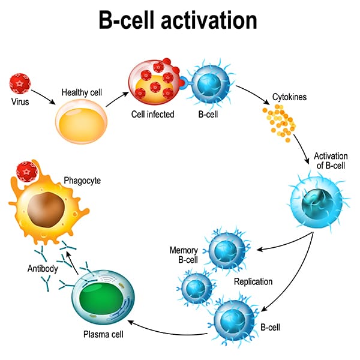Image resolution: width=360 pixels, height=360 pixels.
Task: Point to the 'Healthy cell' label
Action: (80, 92)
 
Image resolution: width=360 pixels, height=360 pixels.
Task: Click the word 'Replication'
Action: (254, 281)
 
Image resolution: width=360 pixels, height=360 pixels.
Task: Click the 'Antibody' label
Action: (42, 268)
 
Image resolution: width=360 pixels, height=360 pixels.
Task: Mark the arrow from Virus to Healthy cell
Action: (41, 94)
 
